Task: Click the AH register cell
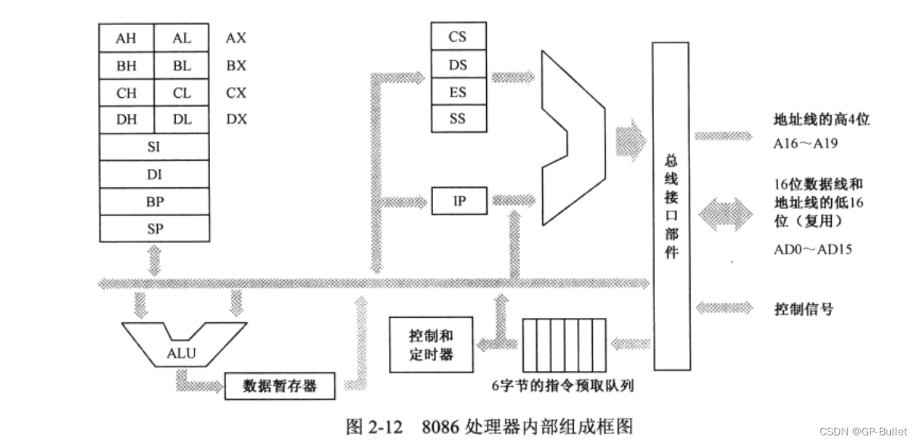coord(127,39)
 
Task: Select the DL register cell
coord(182,120)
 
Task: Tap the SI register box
coord(155,147)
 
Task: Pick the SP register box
coord(155,228)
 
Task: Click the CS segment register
coord(458,37)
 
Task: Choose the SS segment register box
coord(458,118)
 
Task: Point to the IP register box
coord(459,200)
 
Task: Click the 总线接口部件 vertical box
coord(671,206)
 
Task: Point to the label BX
coord(236,66)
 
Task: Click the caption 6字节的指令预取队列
coord(563,386)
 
